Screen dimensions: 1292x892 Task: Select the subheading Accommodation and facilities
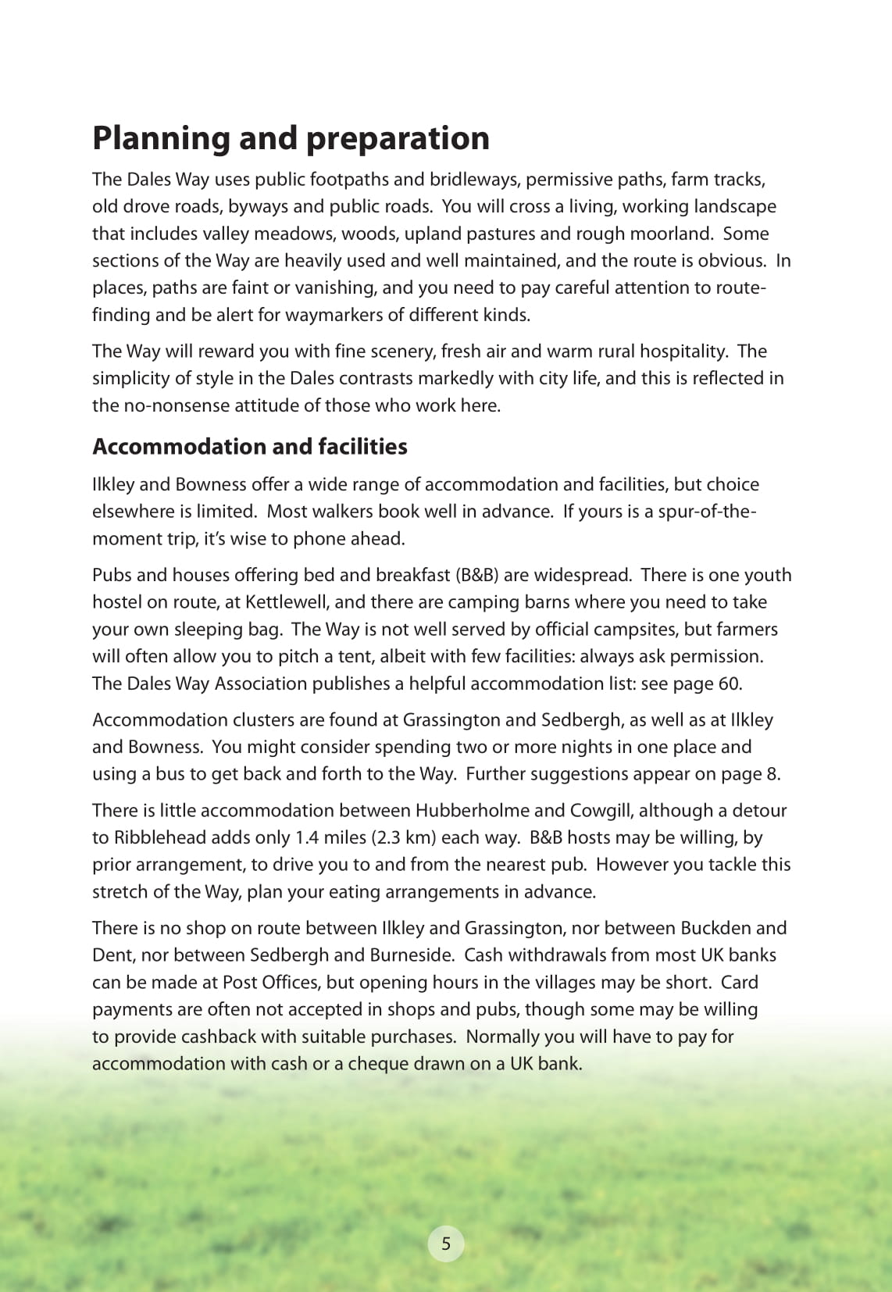coord(250,447)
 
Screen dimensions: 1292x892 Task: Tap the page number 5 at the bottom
coord(446,1244)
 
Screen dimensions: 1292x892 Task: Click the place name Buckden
coord(716,928)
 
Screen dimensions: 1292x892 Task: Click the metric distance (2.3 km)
coord(401,838)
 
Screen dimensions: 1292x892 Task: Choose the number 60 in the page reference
coord(728,684)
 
